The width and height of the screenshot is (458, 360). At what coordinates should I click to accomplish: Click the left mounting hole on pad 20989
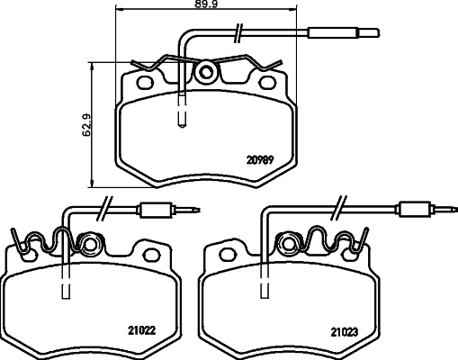click(144, 84)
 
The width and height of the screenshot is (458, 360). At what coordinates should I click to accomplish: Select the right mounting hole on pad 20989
click(266, 84)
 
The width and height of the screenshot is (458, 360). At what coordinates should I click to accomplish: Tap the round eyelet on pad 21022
click(89, 244)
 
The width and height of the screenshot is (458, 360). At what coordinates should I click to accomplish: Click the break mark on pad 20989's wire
click(237, 35)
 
